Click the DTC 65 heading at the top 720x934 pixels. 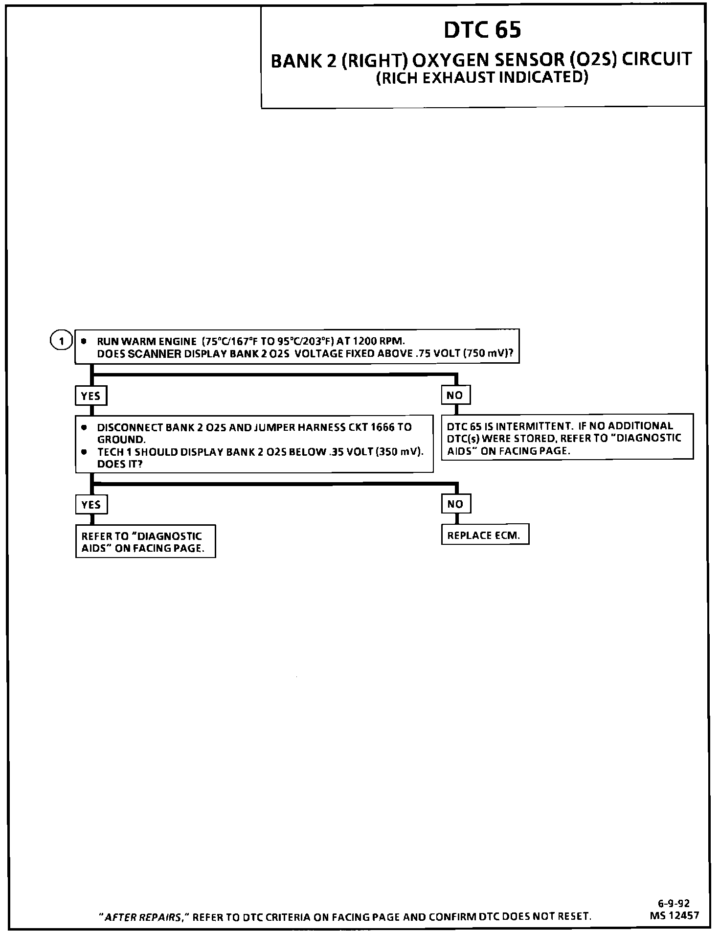tap(482, 30)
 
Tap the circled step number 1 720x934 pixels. tap(61, 341)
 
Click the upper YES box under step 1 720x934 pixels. tap(90, 396)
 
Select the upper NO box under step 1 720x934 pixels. tap(455, 395)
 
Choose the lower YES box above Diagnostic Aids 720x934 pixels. tap(91, 505)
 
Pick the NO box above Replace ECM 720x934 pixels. tap(455, 504)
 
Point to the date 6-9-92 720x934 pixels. tap(674, 904)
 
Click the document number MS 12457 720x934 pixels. tap(675, 915)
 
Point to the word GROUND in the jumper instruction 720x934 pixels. tap(121, 440)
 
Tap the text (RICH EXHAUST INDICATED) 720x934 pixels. tap(482, 78)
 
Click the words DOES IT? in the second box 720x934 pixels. tap(120, 464)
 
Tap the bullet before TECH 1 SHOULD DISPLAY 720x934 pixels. tap(85, 451)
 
